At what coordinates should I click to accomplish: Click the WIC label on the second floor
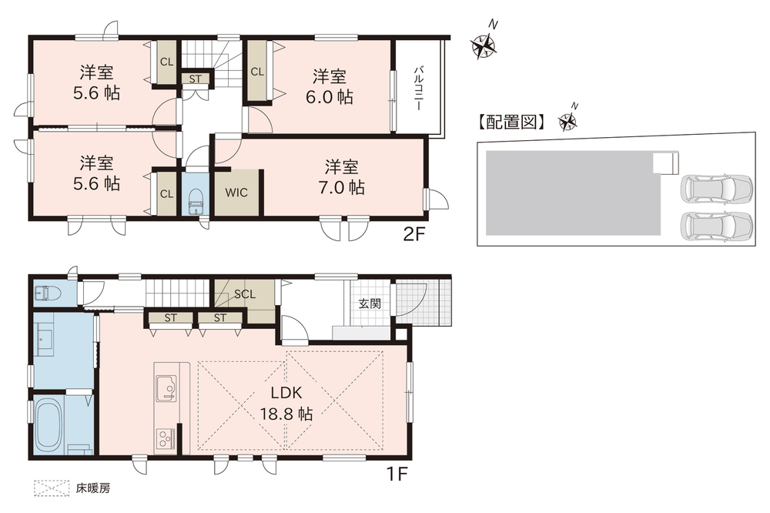coord(236,193)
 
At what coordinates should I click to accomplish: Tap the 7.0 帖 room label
coord(341,177)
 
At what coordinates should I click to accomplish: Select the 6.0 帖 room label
coord(330,87)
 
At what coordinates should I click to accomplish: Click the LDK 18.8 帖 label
coord(286,404)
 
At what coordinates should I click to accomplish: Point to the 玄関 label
coord(370,303)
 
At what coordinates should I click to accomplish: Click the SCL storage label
coord(245,293)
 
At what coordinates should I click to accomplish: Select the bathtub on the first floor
coord(49,420)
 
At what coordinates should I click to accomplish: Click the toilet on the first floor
coord(48,294)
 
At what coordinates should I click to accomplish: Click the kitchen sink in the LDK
coord(166,387)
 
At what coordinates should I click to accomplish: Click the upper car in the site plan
coord(716,187)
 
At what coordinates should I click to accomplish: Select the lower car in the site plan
coord(716,226)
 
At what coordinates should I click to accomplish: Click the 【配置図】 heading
coord(511,122)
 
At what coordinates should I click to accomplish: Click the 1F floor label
coord(397,474)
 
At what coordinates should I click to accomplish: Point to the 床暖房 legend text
coord(93,488)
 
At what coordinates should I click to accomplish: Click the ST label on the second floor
coord(195,79)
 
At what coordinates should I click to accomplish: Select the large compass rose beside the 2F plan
coord(484,45)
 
